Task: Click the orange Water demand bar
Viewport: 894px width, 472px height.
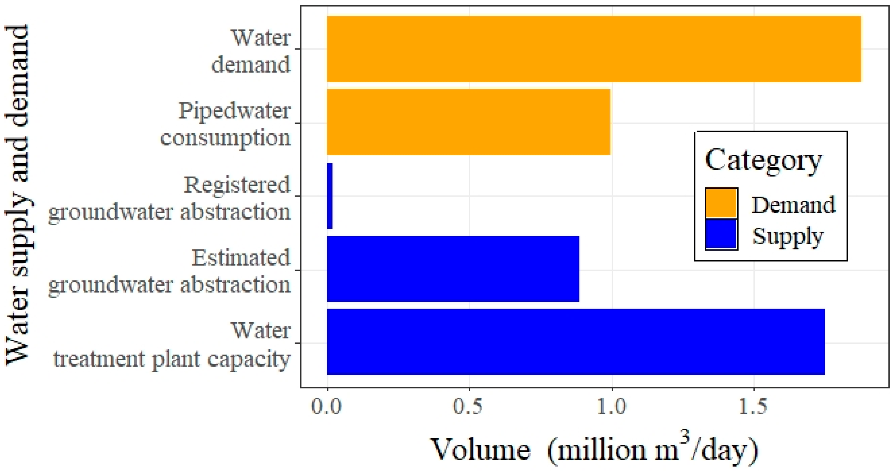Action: coord(594,49)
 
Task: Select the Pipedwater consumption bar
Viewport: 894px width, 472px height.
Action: coord(469,122)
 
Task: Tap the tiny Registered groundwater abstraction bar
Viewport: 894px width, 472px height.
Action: coord(330,196)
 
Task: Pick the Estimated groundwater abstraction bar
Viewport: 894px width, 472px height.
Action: coord(453,269)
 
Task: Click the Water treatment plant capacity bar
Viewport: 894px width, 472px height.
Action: coord(575,342)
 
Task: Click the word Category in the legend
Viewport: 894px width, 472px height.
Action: coord(764,160)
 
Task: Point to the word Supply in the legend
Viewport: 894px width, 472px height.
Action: coord(788,237)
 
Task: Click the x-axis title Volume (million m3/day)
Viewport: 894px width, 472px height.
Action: coord(594,450)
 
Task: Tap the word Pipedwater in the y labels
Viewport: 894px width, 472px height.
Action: coord(234,111)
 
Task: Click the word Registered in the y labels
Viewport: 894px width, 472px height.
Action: coord(237,185)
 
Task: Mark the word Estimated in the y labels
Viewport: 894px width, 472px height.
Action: coord(241,258)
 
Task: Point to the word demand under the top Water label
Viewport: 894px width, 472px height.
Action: coord(251,65)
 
